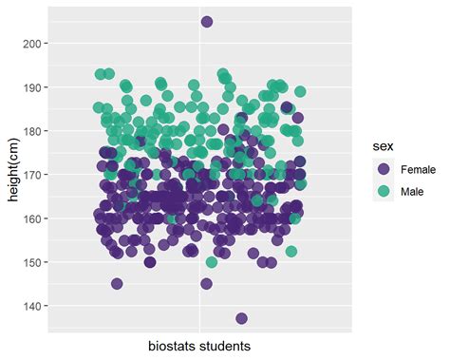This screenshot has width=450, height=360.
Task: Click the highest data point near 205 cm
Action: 207,22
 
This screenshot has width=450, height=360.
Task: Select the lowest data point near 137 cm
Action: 241,318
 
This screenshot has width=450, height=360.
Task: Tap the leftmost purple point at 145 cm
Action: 117,283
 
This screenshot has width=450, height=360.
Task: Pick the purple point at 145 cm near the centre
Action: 206,283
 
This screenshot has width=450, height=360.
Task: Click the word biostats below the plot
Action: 174,346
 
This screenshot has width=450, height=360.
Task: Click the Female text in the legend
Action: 419,169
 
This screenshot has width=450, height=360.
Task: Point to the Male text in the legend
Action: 413,191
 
